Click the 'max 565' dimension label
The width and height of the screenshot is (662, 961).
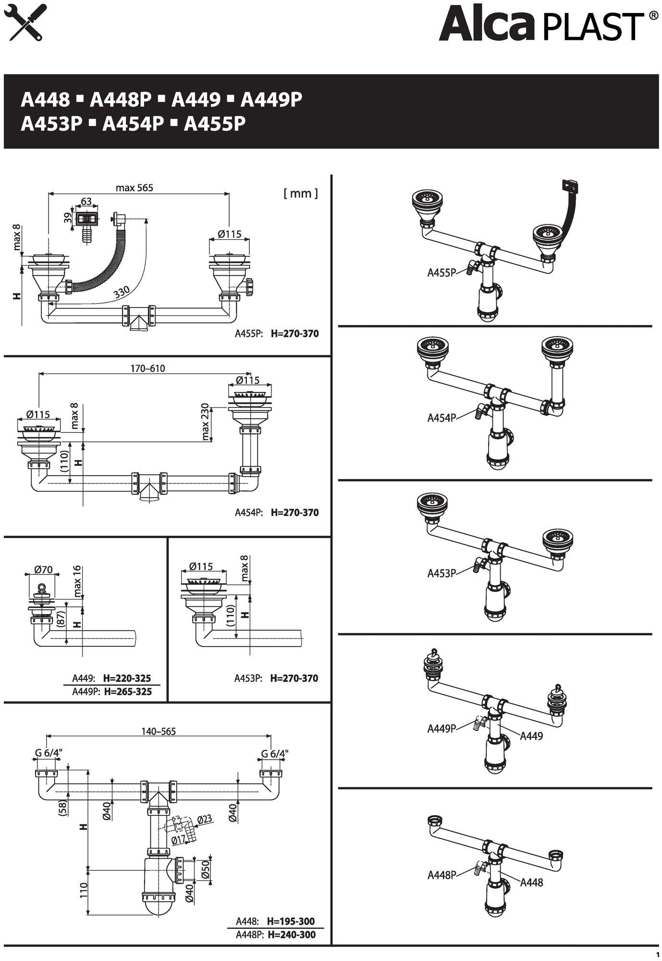135,187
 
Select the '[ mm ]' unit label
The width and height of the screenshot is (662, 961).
301,193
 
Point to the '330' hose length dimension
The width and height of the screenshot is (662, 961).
122,292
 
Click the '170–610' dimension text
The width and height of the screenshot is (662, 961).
147,369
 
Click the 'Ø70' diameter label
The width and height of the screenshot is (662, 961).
43,570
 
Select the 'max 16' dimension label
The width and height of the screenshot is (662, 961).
78,580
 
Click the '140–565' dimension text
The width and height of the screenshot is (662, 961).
159,731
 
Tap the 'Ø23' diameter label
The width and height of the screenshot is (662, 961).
205,819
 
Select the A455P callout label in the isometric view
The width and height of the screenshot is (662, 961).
441,273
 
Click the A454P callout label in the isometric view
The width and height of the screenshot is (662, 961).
441,418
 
